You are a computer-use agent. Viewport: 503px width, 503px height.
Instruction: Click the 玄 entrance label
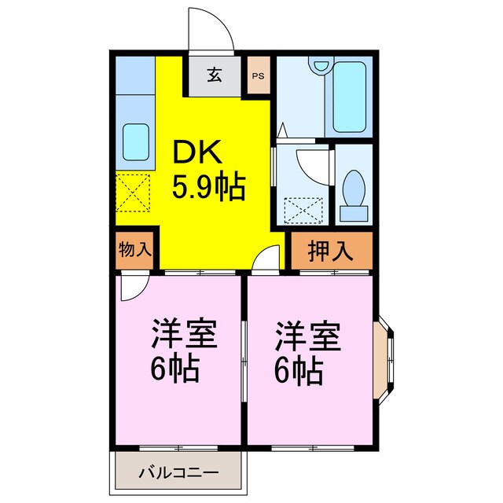pos(214,75)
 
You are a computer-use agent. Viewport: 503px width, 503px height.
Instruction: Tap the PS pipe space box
pos(258,76)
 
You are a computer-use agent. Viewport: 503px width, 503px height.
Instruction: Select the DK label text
pos(195,151)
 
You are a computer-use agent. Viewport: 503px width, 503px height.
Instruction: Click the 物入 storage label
pos(134,251)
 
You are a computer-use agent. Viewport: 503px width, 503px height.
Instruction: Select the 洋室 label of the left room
pos(183,335)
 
